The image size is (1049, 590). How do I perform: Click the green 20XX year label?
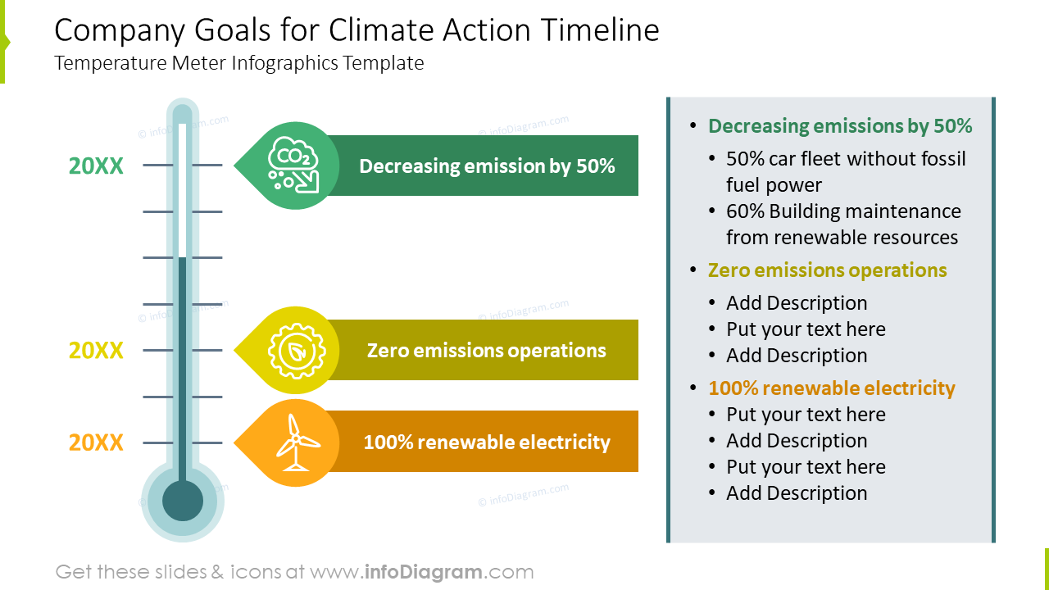(x=96, y=166)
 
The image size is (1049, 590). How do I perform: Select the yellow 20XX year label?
(x=96, y=351)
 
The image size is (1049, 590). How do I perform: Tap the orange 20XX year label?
(x=96, y=443)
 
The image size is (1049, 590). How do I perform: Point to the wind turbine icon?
(x=295, y=443)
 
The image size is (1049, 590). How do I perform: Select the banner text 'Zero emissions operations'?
(x=486, y=351)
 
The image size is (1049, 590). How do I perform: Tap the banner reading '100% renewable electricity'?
(x=486, y=442)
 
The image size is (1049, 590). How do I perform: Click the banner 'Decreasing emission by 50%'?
(x=486, y=166)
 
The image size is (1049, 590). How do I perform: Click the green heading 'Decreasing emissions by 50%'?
(x=839, y=126)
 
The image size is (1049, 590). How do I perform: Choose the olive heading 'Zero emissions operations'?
(x=827, y=270)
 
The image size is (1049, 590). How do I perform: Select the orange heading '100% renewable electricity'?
(x=831, y=388)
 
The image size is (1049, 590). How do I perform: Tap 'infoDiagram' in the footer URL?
(x=423, y=572)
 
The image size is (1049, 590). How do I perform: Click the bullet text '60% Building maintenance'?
(x=843, y=211)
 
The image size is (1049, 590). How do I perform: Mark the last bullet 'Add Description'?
(x=796, y=493)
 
